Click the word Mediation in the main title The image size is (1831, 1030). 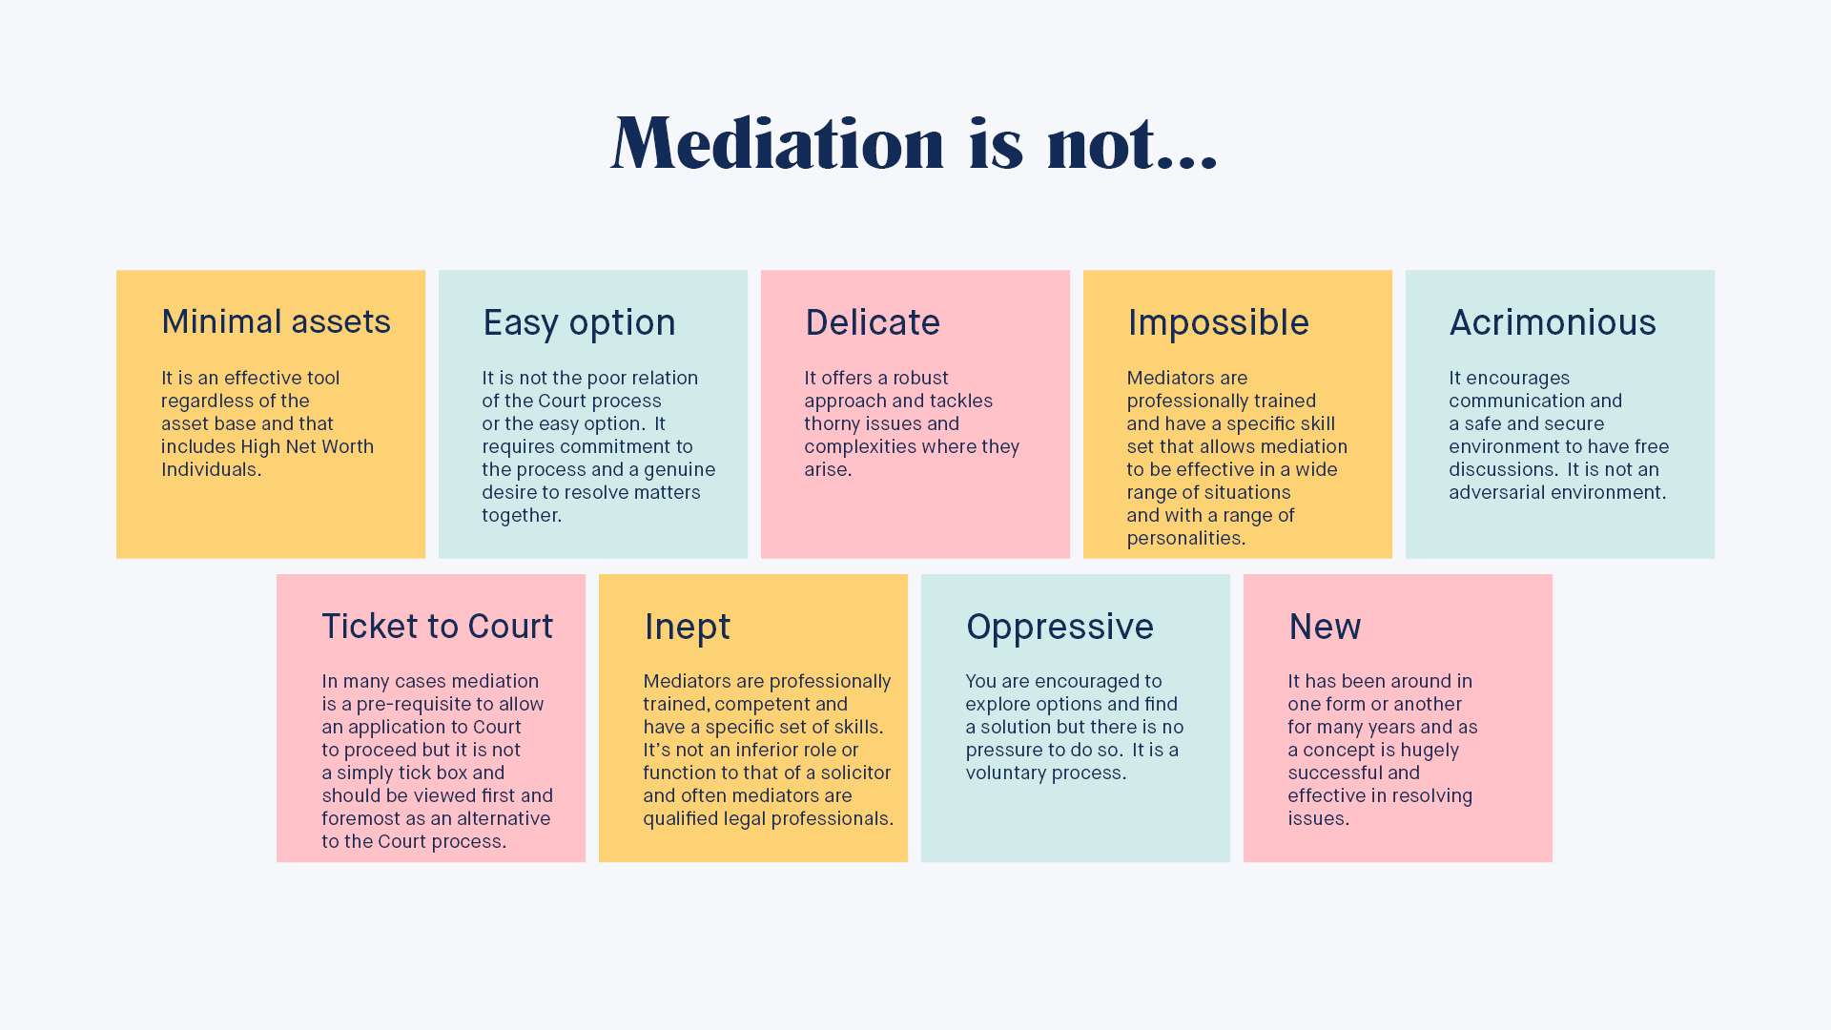tap(777, 143)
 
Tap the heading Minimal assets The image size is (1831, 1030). tap(276, 322)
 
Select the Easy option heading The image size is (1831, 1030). tap(579, 323)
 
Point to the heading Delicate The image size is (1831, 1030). tap(873, 323)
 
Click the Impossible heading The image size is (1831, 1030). tap(1218, 323)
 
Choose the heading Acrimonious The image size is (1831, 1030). tap(1553, 323)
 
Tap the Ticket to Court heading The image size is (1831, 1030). tap(437, 627)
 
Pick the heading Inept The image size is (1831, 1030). tap(687, 628)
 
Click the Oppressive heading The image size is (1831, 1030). tap(1060, 628)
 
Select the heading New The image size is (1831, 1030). tap(1325, 628)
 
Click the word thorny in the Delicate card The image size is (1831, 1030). tap(833, 423)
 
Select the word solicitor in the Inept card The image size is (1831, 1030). tap(855, 772)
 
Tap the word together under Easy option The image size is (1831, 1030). tap(521, 515)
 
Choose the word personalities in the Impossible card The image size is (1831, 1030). tap(1185, 538)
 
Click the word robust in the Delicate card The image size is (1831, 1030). tap(920, 378)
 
